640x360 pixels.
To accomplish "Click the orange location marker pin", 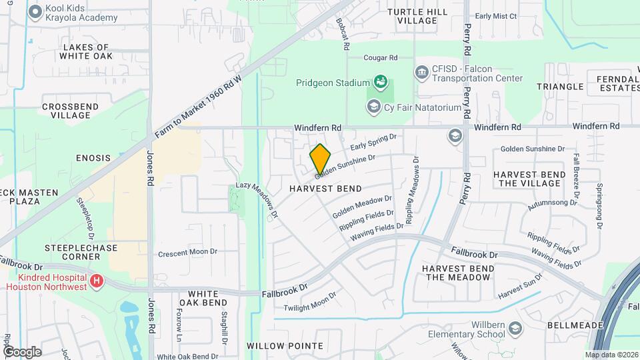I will pos(320,159).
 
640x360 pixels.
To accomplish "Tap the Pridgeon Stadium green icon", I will pos(380,82).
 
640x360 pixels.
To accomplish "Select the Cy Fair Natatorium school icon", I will pos(373,107).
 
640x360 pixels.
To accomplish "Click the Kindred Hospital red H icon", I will pos(97,281).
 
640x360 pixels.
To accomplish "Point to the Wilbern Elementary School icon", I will pos(515,328).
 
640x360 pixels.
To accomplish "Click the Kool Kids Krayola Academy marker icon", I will pos(35,11).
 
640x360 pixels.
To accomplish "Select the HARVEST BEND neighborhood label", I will pos(325,189).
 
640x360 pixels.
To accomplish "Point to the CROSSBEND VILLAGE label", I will pos(71,111).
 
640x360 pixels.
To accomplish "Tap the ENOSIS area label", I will pos(93,157).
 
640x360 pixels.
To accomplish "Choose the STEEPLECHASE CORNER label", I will pos(81,252).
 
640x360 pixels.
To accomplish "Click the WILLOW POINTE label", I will pos(285,346).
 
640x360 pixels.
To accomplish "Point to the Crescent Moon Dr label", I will pos(188,253).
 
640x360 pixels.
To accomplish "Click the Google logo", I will pos(22,351).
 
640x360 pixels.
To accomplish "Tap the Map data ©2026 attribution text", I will pos(611,355).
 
